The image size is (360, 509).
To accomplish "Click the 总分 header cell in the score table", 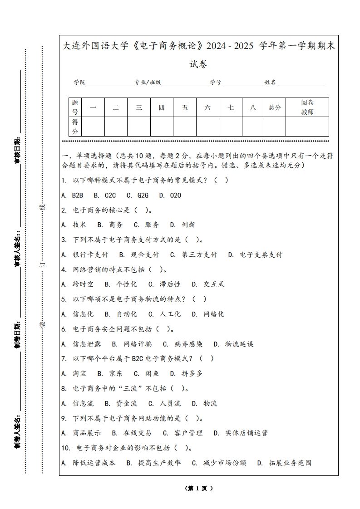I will click(x=275, y=108).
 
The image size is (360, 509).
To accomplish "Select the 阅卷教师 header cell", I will click(x=307, y=108).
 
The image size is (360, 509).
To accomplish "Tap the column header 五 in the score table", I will click(x=185, y=108).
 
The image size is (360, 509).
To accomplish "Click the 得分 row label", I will click(x=75, y=127).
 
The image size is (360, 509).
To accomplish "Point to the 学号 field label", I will click(x=216, y=83).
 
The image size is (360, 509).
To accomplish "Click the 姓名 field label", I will click(x=271, y=83).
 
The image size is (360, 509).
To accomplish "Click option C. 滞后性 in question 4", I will click(x=164, y=284).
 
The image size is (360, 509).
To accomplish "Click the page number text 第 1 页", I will click(x=199, y=489).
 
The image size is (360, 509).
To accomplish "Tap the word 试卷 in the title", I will click(x=199, y=64).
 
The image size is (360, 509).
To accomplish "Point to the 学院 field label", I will click(x=80, y=83).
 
